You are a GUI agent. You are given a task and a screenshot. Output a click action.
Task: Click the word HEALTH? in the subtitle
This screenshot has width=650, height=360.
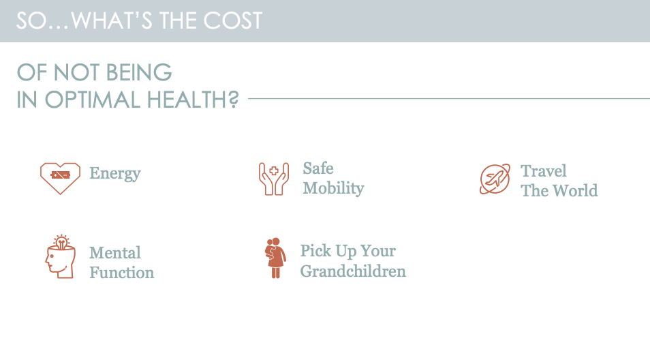(x=193, y=100)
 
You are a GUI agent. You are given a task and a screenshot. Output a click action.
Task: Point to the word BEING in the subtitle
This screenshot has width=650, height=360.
(x=139, y=72)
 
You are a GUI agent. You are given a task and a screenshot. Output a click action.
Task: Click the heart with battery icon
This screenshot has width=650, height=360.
(x=60, y=179)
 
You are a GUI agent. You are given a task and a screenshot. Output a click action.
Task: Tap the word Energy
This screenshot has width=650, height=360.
(x=115, y=173)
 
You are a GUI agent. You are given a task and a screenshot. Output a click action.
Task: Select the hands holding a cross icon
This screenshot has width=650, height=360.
(x=274, y=179)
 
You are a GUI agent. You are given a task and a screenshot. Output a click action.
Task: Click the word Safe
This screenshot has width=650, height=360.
(x=318, y=168)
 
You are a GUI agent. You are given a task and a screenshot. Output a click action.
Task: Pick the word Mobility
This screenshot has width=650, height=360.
(x=333, y=188)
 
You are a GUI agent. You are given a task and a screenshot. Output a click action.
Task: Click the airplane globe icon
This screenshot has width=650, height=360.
(x=495, y=179)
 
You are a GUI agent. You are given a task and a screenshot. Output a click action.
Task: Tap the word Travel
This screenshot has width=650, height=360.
(x=544, y=171)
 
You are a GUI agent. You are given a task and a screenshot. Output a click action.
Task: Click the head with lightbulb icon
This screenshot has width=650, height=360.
(x=61, y=256)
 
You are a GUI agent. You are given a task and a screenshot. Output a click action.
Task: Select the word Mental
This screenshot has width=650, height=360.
(x=115, y=252)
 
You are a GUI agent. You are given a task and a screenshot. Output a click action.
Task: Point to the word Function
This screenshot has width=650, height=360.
(x=122, y=273)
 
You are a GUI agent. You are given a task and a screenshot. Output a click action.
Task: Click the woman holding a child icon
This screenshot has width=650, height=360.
(x=275, y=258)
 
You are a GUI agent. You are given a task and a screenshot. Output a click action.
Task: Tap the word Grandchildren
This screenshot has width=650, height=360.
(x=353, y=271)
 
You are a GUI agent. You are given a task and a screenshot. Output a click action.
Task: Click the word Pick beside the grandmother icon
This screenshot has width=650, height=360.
(x=316, y=250)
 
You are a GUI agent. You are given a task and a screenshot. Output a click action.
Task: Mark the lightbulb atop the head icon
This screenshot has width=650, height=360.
(x=61, y=241)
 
